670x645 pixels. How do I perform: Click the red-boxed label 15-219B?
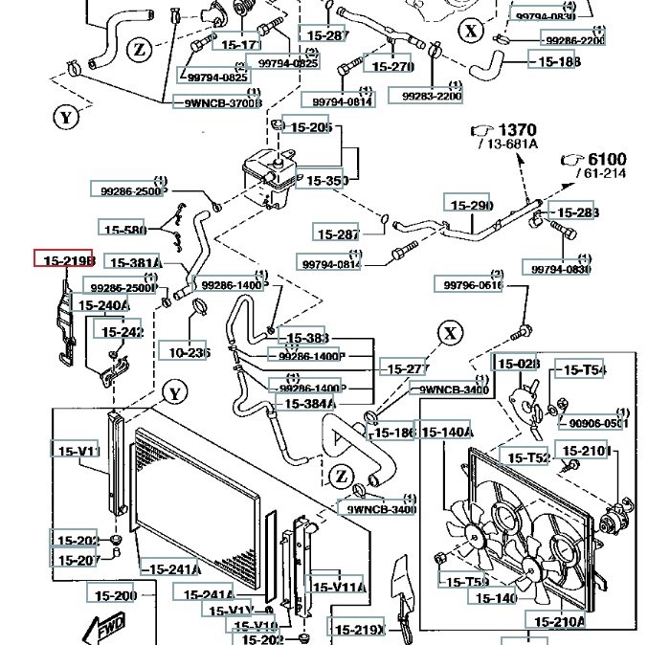(64, 259)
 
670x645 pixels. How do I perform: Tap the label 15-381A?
(133, 262)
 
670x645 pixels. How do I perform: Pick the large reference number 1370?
(518, 129)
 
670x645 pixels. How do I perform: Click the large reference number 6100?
(607, 159)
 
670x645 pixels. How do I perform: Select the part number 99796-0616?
(469, 285)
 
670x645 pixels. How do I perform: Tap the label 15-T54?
(584, 370)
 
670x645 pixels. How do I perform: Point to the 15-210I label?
(584, 451)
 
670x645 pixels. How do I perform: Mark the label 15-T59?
(464, 581)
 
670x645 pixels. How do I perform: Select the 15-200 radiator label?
(116, 595)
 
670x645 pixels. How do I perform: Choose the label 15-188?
(556, 62)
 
